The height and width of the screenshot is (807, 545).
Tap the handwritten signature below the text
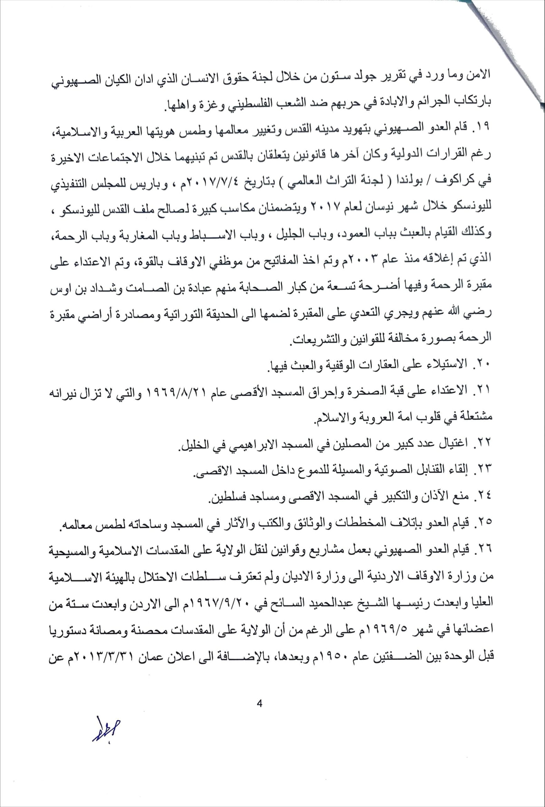pyautogui.click(x=106, y=732)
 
